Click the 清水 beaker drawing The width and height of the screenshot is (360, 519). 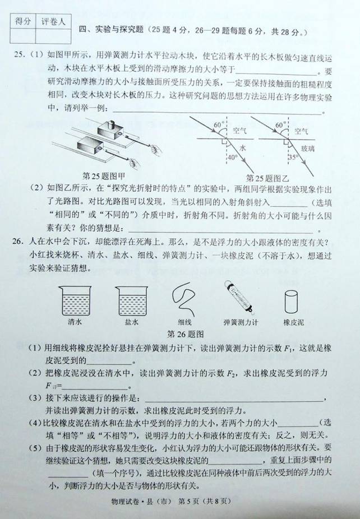pos(75,301)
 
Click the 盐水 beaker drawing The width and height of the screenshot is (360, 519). pos(132,301)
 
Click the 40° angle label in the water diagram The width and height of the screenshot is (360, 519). pos(233,157)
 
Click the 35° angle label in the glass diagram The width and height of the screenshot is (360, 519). pos(294,157)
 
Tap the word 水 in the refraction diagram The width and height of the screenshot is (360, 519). pos(242,148)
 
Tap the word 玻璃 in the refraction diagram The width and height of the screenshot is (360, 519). pos(307,149)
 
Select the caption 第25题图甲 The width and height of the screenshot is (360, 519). pos(104,176)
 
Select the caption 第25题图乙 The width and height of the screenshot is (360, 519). pos(267,178)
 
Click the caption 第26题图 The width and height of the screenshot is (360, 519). pos(186,334)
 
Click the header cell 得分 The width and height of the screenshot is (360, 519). pos(22,21)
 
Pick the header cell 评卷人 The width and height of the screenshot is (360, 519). pos(53,22)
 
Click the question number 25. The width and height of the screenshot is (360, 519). pos(19,54)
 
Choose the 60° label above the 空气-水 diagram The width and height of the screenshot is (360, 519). pos(219,125)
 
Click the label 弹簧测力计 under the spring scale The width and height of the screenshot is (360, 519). pos(241,322)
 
